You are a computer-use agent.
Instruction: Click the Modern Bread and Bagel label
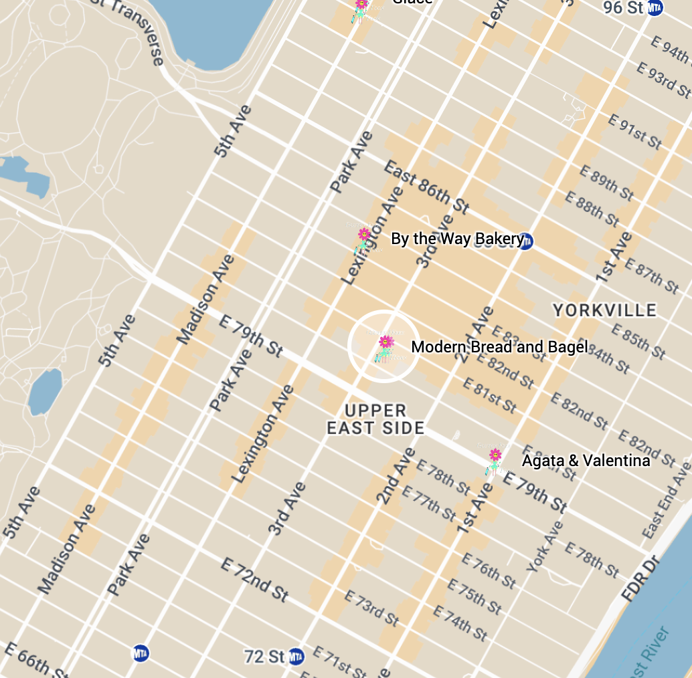pyautogui.click(x=499, y=347)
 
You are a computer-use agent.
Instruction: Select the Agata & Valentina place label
pyautogui.click(x=586, y=461)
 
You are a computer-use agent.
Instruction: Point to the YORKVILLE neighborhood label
pyautogui.click(x=604, y=310)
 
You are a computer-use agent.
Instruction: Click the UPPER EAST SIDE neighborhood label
pyautogui.click(x=375, y=419)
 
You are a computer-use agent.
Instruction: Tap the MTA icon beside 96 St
pyautogui.click(x=655, y=7)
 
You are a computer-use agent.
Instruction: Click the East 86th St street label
pyautogui.click(x=427, y=187)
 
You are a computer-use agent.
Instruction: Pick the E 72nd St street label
pyautogui.click(x=254, y=579)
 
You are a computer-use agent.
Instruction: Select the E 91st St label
pyautogui.click(x=635, y=131)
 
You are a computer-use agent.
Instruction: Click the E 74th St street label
pyautogui.click(x=461, y=622)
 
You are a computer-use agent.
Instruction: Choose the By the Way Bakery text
pyautogui.click(x=456, y=239)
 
